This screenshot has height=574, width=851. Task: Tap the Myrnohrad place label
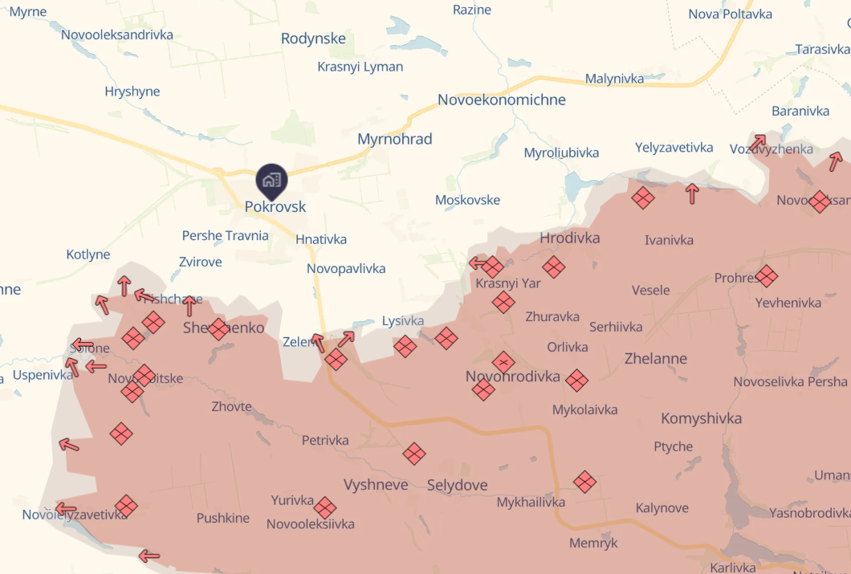(x=395, y=139)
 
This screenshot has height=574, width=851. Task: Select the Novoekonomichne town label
(x=502, y=100)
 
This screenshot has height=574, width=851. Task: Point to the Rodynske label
(x=313, y=39)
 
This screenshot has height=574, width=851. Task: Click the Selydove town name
(x=457, y=485)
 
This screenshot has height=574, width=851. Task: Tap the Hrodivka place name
(x=570, y=238)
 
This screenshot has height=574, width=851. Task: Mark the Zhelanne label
(x=656, y=358)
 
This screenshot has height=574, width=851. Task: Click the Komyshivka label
(x=701, y=418)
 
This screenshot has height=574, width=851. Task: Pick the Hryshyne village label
(x=132, y=92)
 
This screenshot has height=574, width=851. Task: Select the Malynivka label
(x=615, y=79)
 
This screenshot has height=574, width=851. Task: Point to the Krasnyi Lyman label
(x=360, y=67)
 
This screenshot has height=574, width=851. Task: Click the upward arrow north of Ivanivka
(x=692, y=193)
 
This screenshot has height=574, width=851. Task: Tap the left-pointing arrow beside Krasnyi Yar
(x=478, y=263)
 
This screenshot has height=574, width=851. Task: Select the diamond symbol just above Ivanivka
(x=643, y=197)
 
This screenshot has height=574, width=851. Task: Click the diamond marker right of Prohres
(x=767, y=277)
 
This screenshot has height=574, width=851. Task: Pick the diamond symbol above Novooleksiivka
(x=324, y=507)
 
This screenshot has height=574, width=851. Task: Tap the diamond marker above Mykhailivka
(x=585, y=482)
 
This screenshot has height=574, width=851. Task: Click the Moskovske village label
(x=467, y=200)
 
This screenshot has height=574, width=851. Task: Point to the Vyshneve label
(x=376, y=484)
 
